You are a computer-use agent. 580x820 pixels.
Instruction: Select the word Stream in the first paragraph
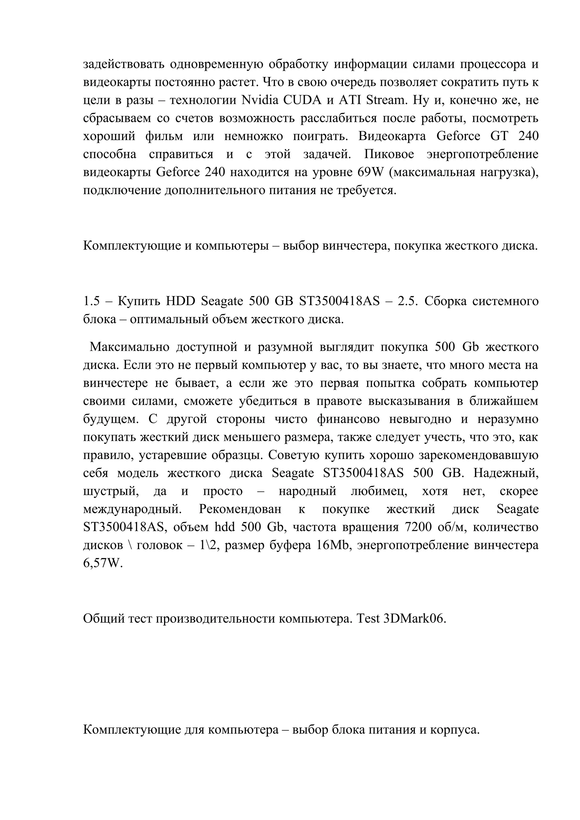pos(387,100)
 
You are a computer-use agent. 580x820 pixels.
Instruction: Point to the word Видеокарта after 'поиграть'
pos(392,136)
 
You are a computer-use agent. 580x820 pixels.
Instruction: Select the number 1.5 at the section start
pos(91,301)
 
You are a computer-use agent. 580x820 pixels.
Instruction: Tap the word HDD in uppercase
pos(180,301)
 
